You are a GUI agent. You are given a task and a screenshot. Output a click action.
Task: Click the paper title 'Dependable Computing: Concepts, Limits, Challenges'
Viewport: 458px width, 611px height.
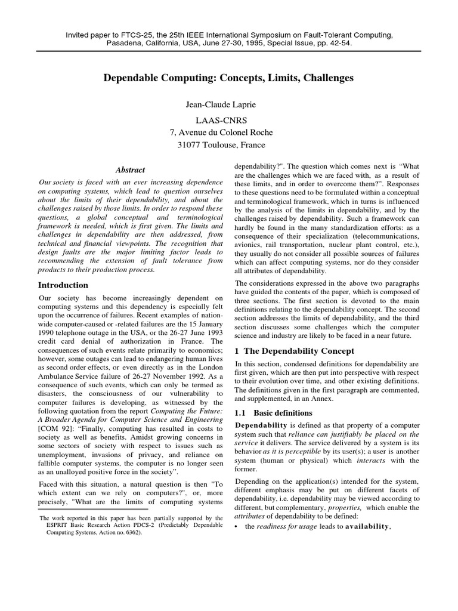tap(229, 78)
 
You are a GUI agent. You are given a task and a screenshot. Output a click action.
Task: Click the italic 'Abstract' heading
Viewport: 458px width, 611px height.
tap(130, 170)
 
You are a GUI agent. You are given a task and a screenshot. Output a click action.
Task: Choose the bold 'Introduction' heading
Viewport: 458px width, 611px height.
tap(63, 285)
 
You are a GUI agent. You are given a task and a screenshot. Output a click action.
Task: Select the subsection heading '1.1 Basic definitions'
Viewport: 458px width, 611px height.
tap(273, 413)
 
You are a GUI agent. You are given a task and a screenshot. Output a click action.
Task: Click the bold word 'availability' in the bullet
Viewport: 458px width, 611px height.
tap(365, 526)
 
